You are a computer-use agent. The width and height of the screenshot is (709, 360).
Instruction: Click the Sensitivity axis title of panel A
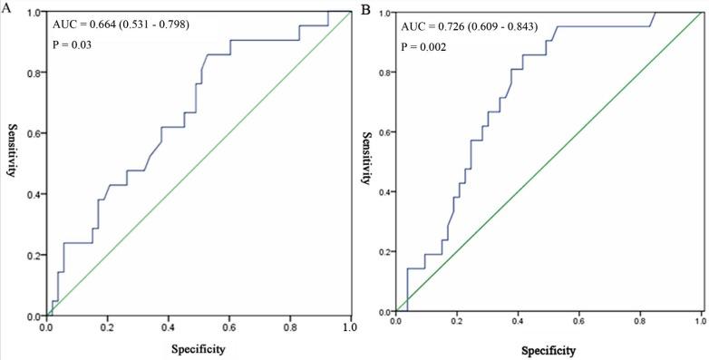[x=14, y=150]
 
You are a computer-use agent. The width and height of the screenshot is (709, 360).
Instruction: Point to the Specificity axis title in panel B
[x=549, y=346]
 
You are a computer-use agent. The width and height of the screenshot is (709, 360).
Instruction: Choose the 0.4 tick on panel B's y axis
[x=384, y=192]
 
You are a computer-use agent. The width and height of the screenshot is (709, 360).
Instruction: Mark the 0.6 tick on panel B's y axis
[x=384, y=132]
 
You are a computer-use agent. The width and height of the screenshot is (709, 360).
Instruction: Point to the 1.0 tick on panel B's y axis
[x=384, y=13]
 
